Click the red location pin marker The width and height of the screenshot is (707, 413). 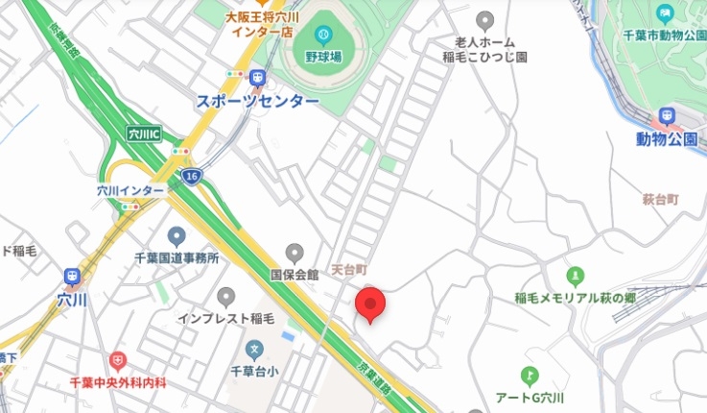point(370,304)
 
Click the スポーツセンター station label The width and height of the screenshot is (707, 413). point(257,101)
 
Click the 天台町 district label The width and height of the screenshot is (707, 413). point(349,270)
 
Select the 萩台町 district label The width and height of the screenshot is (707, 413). point(660,199)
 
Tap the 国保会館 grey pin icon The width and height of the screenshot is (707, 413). point(295,253)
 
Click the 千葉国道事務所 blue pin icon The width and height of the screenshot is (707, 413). point(176,235)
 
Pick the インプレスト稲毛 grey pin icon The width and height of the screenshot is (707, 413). point(225,297)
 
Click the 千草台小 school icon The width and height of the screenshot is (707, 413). point(254,349)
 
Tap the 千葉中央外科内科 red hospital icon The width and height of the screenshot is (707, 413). point(117,361)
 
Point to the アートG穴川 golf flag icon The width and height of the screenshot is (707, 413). point(529,376)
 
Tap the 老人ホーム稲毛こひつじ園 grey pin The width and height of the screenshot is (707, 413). point(485,19)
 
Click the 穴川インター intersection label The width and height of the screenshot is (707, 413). point(130,190)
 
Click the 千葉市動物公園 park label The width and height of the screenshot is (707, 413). point(664,36)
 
